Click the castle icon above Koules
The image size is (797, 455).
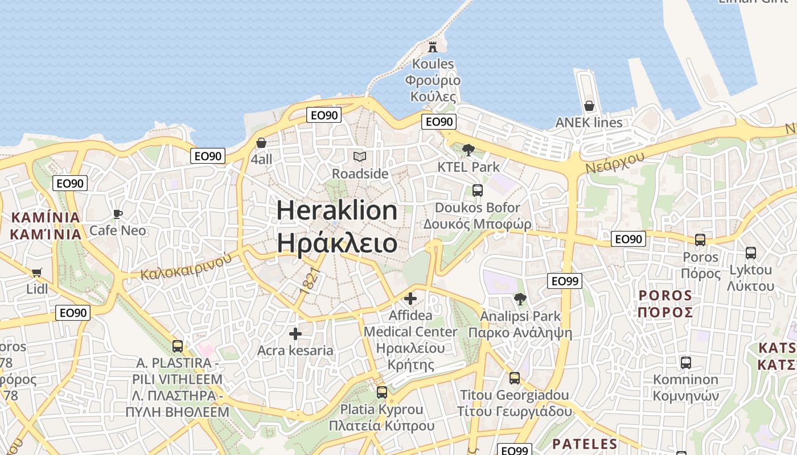[x=433, y=47]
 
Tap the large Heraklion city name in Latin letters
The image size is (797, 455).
[x=337, y=210]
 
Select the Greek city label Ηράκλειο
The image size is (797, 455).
[x=337, y=243]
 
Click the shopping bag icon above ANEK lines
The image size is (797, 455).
[x=589, y=106]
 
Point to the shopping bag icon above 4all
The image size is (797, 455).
[x=261, y=143]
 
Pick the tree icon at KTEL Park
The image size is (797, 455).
[x=469, y=150]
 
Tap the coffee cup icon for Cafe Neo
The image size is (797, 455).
[x=118, y=214]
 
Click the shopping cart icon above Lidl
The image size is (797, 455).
[x=37, y=273]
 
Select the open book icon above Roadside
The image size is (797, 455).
[x=360, y=156]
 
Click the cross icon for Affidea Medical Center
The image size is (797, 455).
[x=410, y=298]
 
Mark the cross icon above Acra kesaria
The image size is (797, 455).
[x=295, y=334]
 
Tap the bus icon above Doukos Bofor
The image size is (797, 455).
[x=477, y=191]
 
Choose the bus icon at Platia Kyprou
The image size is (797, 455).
[x=381, y=392]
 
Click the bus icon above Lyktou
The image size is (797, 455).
[x=750, y=253]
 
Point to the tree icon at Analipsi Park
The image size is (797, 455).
[x=520, y=299]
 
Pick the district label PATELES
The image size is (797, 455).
[x=585, y=444]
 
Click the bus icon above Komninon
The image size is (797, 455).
[x=685, y=362]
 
